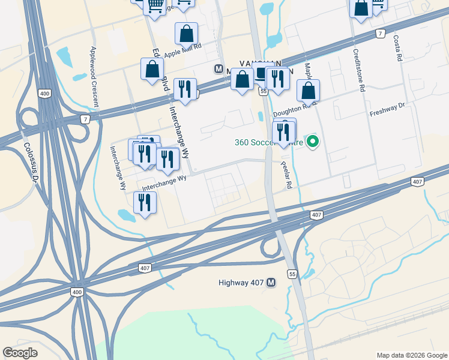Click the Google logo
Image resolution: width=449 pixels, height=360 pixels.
click(20, 353)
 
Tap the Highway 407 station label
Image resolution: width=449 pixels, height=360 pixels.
click(241, 283)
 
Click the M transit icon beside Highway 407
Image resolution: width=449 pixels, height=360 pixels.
click(271, 283)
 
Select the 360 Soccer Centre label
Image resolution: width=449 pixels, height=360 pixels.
click(268, 142)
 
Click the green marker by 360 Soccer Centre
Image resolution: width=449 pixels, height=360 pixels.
click(312, 142)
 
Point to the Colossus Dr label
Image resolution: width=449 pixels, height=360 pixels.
click(28, 158)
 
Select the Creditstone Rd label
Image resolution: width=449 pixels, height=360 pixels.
click(359, 70)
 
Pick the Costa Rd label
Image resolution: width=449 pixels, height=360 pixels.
click(397, 49)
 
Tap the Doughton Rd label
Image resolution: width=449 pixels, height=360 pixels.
click(293, 110)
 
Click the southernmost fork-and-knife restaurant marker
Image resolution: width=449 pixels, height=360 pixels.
click(144, 202)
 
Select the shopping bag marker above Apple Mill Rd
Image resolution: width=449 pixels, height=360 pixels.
click(187, 34)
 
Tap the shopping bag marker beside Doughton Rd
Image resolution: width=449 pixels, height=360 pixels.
click(308, 91)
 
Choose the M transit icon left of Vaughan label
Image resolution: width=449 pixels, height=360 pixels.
click(218, 68)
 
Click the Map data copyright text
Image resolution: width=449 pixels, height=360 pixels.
click(411, 355)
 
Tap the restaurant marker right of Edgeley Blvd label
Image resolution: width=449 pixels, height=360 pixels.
click(185, 90)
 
